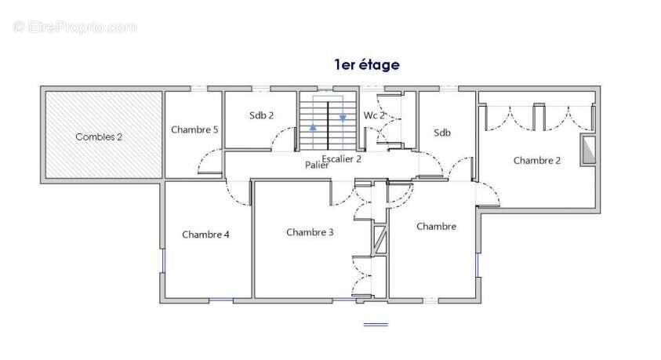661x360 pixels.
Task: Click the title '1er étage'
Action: tap(366, 65)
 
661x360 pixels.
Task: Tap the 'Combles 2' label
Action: tap(99, 136)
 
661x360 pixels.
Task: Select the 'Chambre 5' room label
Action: tap(194, 129)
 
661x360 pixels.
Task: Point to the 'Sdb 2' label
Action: tap(261, 115)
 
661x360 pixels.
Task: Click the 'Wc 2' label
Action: tap(374, 115)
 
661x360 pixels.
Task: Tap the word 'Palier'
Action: tap(317, 165)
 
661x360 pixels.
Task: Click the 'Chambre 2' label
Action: tap(537, 160)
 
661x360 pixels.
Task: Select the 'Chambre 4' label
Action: tap(205, 234)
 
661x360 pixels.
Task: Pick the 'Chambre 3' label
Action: tap(310, 231)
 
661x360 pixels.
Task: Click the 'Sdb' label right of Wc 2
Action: tap(442, 133)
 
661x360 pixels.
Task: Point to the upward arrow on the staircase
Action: tap(313, 125)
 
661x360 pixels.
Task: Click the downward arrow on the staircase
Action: tap(343, 118)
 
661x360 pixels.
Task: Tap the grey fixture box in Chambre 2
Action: tap(588, 151)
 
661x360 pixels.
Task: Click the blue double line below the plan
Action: tap(376, 324)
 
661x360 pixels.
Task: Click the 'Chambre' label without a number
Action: tap(436, 226)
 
